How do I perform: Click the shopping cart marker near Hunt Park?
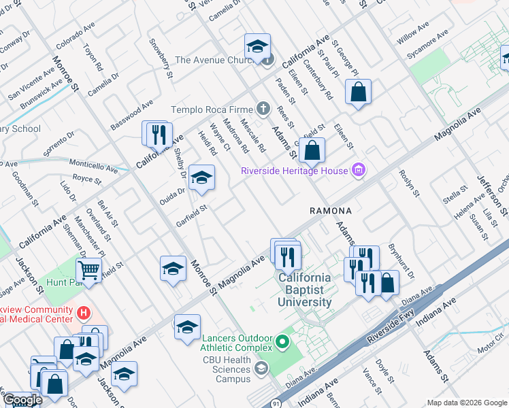pyautogui.click(x=88, y=271)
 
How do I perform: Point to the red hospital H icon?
pyautogui.click(x=84, y=313)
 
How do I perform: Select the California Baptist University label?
pyautogui.click(x=303, y=290)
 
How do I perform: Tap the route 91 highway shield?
pyautogui.click(x=274, y=402)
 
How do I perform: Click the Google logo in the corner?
pyautogui.click(x=22, y=400)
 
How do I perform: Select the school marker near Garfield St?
pyautogui.click(x=201, y=178)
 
